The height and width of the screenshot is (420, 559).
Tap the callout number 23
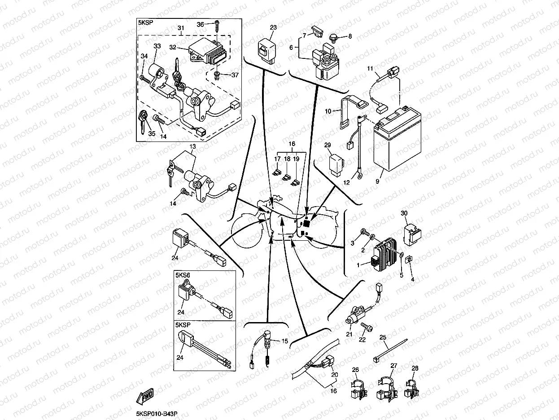click(273, 27)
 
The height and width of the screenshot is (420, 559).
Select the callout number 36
click(200, 24)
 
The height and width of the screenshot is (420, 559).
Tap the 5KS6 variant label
click(183, 275)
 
